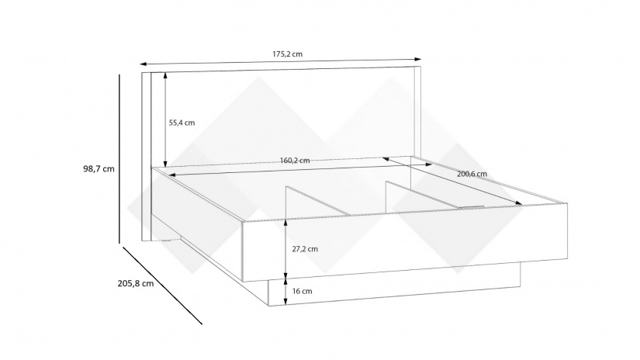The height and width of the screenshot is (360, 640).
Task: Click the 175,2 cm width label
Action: coord(287,54)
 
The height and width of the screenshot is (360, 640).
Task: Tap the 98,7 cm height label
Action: coord(99,168)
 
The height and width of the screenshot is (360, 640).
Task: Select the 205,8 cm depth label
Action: coord(136,283)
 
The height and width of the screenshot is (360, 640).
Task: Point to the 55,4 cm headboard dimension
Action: coord(182,123)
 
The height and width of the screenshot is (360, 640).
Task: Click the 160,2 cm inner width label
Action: coord(295,161)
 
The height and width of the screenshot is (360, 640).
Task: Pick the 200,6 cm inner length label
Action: coord(472,174)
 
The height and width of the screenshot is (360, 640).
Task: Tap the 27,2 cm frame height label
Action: coord(305,249)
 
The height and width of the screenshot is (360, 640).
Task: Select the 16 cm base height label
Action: coord(302,291)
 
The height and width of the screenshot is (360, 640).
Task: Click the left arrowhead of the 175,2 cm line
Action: coord(143,64)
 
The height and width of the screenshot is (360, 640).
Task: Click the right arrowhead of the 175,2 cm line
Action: coord(418,59)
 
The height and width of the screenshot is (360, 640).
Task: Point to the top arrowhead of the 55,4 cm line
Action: coord(165,75)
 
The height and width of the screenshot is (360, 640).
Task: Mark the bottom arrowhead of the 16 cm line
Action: coord(285,301)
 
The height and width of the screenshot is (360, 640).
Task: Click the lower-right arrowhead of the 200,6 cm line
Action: coord(518,202)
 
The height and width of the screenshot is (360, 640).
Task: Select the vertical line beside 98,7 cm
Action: coord(119,159)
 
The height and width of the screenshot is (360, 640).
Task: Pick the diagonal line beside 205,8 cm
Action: coord(162,286)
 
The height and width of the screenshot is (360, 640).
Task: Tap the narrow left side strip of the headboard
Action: coord(147,156)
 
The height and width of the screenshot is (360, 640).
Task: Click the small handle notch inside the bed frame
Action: coord(471,206)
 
